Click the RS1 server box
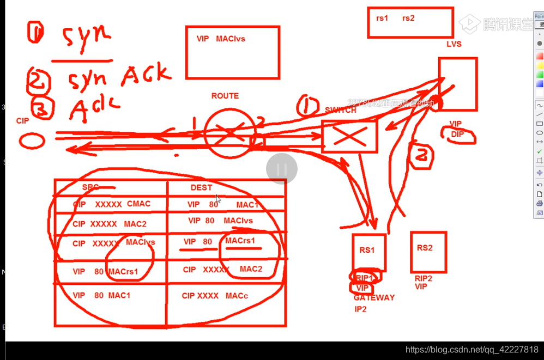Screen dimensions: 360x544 point(368,252)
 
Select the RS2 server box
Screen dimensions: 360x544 point(428,252)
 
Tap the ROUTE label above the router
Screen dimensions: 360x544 point(225,96)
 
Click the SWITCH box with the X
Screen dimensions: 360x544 point(349,136)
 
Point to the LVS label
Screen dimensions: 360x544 point(454,44)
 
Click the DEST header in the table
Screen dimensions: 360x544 point(201,187)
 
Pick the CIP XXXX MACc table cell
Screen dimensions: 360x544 point(215,296)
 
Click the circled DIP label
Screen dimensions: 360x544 point(458,135)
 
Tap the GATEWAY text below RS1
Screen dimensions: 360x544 point(374,298)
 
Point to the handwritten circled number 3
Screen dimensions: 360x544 point(40,108)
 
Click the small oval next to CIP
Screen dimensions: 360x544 point(32,141)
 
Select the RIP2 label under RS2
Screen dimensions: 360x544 point(424,278)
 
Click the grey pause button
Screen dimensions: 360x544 point(282,169)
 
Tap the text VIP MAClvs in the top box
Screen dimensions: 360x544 point(221,39)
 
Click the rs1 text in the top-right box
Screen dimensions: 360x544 point(382,18)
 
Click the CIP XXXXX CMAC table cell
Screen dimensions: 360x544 point(111,204)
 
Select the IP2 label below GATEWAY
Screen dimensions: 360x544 point(360,309)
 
